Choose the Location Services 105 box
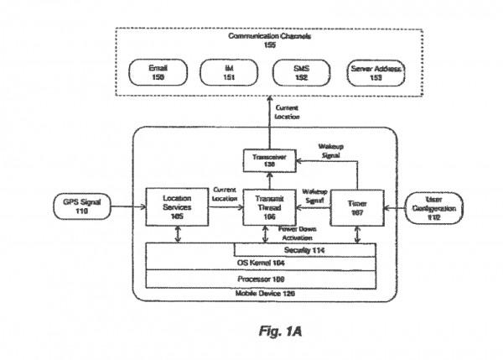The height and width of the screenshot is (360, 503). tap(177, 207)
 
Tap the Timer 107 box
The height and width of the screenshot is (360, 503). tap(357, 207)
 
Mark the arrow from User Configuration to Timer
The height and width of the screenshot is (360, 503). tap(397, 207)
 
